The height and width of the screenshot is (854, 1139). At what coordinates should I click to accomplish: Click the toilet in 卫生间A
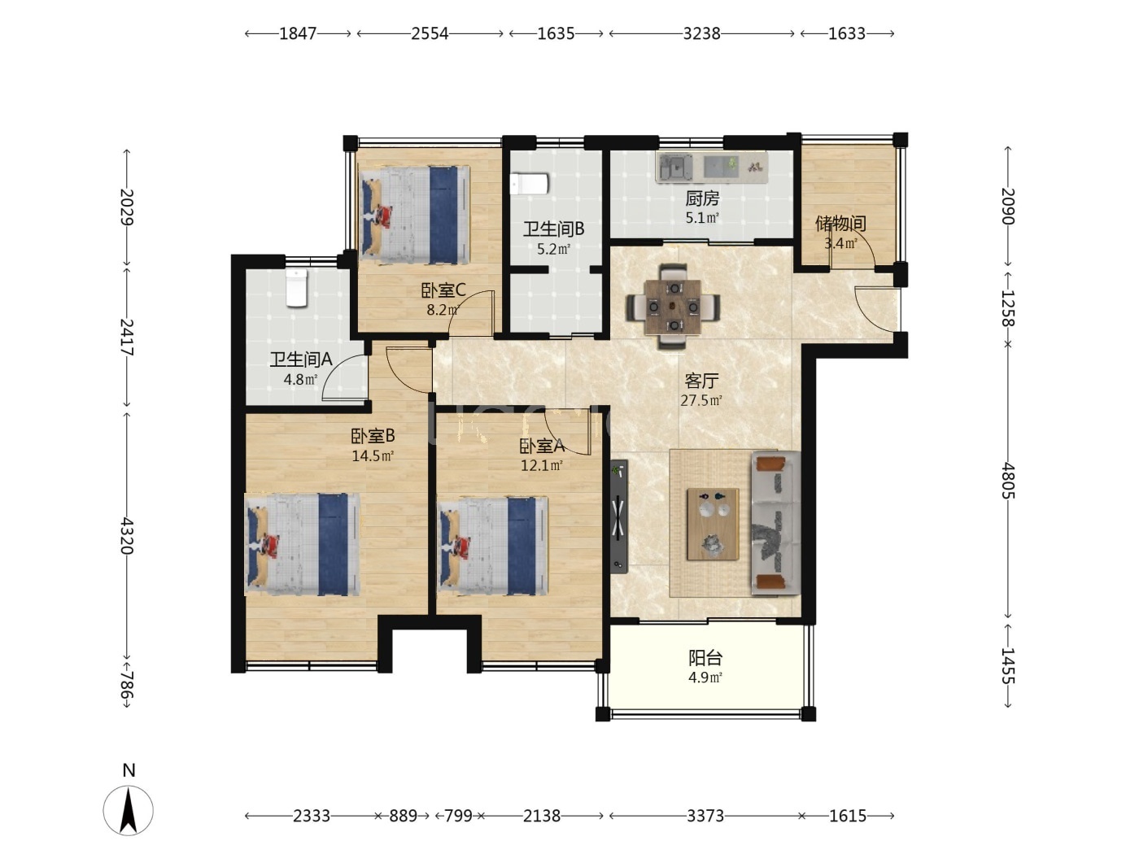(296, 287)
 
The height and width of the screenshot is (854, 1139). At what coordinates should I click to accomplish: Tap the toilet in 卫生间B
(529, 184)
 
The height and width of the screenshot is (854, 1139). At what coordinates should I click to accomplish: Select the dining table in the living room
(673, 307)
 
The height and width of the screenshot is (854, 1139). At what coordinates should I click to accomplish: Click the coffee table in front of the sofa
(713, 524)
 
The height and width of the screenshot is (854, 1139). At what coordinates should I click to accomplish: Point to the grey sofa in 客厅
(775, 523)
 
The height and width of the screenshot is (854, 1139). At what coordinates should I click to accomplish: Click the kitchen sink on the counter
(675, 167)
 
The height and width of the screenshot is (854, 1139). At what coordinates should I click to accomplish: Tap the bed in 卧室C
(415, 214)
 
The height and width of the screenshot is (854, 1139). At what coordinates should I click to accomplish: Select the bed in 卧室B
(302, 544)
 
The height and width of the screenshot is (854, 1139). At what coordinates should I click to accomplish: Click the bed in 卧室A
(492, 546)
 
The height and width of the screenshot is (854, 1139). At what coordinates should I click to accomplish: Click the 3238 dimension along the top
(701, 33)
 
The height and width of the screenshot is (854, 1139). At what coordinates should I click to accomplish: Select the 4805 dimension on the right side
(1008, 481)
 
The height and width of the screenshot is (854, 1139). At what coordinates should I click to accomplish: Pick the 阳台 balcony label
(705, 658)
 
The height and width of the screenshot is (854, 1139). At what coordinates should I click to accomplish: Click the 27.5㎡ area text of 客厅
(701, 400)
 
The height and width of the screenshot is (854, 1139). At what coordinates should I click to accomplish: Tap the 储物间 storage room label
(840, 224)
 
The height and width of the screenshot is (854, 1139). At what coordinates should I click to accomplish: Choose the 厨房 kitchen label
(702, 198)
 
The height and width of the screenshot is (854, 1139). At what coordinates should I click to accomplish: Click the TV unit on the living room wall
(619, 516)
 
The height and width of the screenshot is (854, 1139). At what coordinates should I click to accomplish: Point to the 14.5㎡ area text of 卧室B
(373, 455)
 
